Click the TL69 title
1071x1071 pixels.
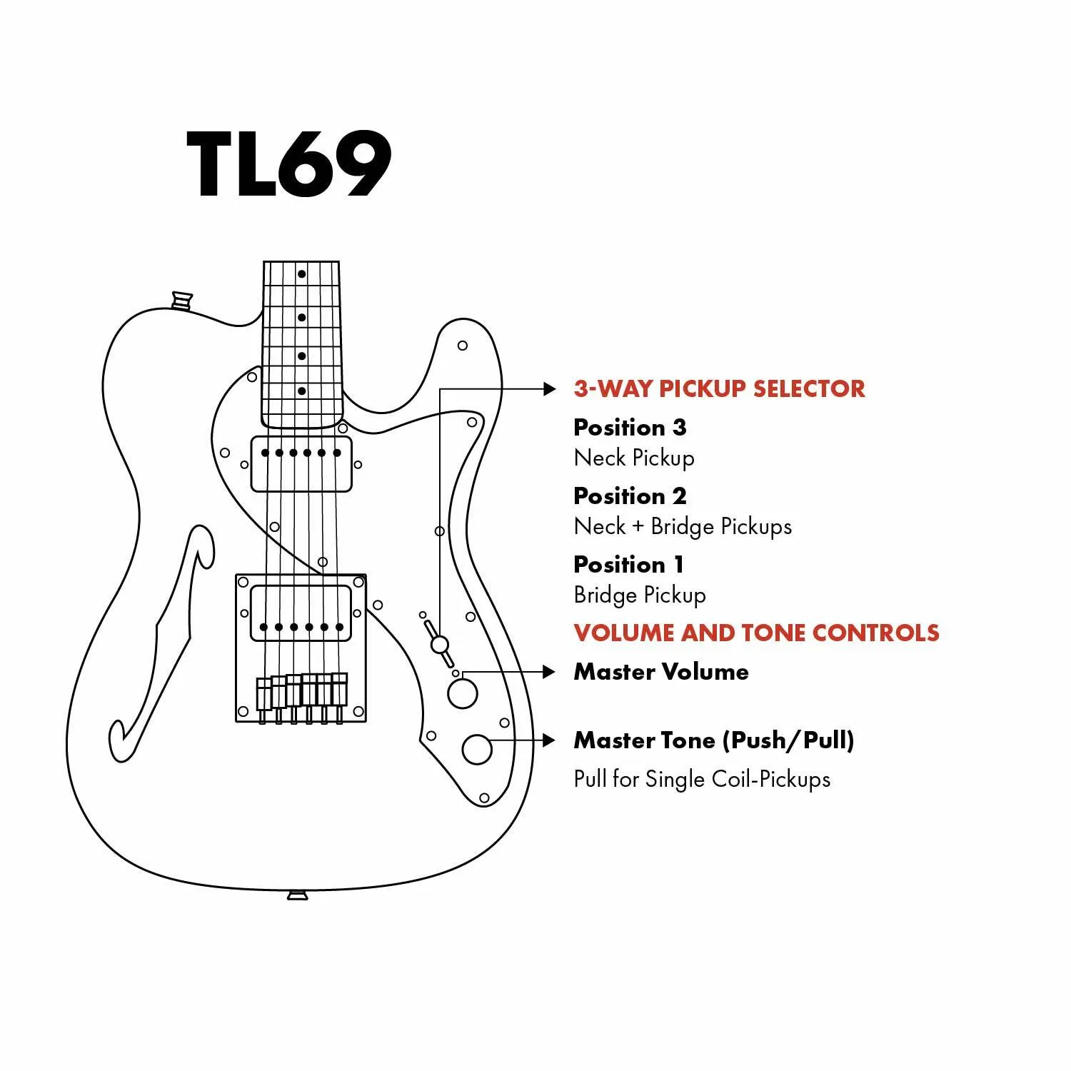(x=289, y=164)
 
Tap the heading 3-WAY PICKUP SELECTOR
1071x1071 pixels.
(x=719, y=388)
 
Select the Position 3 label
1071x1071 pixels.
(x=630, y=427)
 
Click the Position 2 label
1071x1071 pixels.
(x=630, y=496)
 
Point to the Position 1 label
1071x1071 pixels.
(x=628, y=564)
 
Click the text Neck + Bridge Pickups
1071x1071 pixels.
(x=683, y=526)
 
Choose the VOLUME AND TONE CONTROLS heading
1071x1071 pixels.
(x=756, y=633)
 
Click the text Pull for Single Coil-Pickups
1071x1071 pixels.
(x=702, y=778)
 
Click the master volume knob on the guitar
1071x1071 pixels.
(x=462, y=693)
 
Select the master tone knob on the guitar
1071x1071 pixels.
(x=476, y=749)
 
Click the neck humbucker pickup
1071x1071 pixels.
(x=301, y=464)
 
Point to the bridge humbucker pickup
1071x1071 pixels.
(x=301, y=614)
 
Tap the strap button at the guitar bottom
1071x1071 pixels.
(x=298, y=895)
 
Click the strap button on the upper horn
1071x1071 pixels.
(x=182, y=300)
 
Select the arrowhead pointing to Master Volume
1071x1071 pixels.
(x=548, y=672)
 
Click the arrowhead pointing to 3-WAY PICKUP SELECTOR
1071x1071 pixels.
(x=549, y=389)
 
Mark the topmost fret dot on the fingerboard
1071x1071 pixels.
(x=302, y=274)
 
